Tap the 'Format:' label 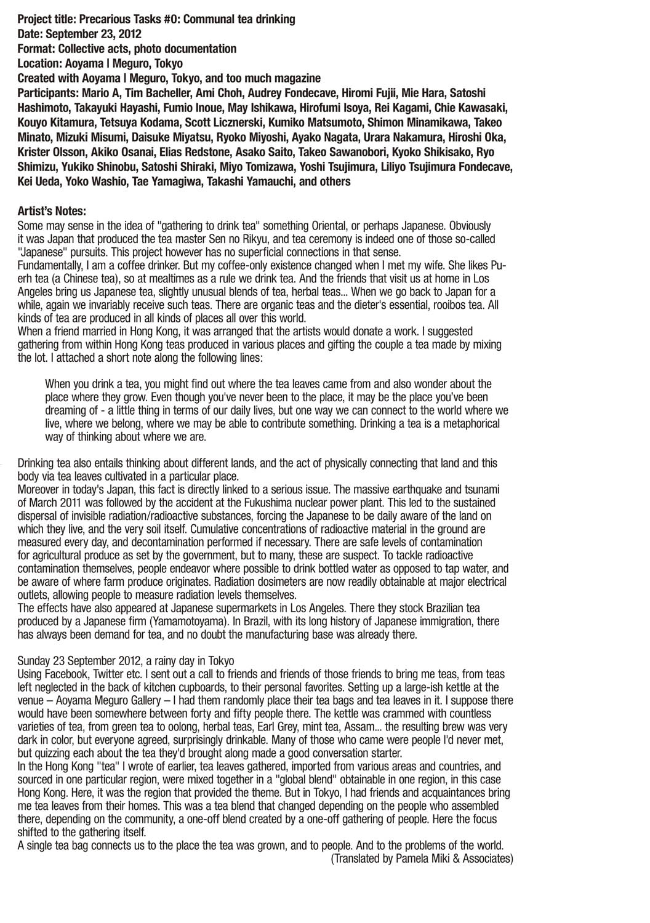36,49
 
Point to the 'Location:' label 40,63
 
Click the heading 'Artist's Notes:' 52,211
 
